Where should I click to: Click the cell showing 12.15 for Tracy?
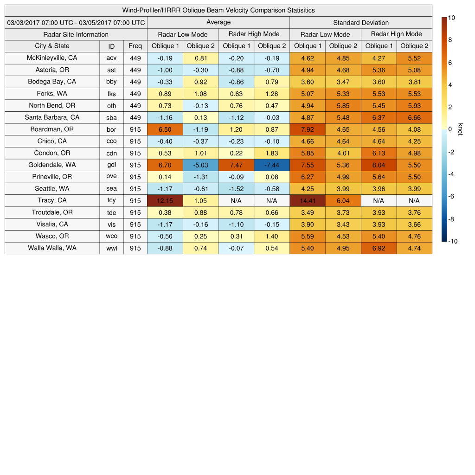[165, 200]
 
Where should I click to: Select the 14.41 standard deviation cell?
[308, 200]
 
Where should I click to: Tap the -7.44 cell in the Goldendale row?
[272, 165]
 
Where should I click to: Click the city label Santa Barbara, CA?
[52, 117]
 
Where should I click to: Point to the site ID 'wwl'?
[111, 248]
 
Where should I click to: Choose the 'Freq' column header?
[135, 46]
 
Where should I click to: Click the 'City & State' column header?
[52, 46]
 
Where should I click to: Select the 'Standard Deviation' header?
[361, 23]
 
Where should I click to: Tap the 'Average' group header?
[218, 22]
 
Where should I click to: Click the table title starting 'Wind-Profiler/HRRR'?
[218, 10]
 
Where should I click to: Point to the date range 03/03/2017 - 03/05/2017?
[76, 23]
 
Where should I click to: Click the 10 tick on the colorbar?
[451, 18]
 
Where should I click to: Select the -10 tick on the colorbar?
[453, 241]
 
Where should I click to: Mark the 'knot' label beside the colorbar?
[461, 129]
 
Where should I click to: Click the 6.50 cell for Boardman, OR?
[165, 129]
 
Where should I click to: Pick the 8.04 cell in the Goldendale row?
[379, 165]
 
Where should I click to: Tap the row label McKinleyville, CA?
[52, 58]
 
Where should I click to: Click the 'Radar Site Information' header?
[76, 34]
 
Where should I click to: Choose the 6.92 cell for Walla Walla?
[379, 248]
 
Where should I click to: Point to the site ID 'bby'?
[111, 82]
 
